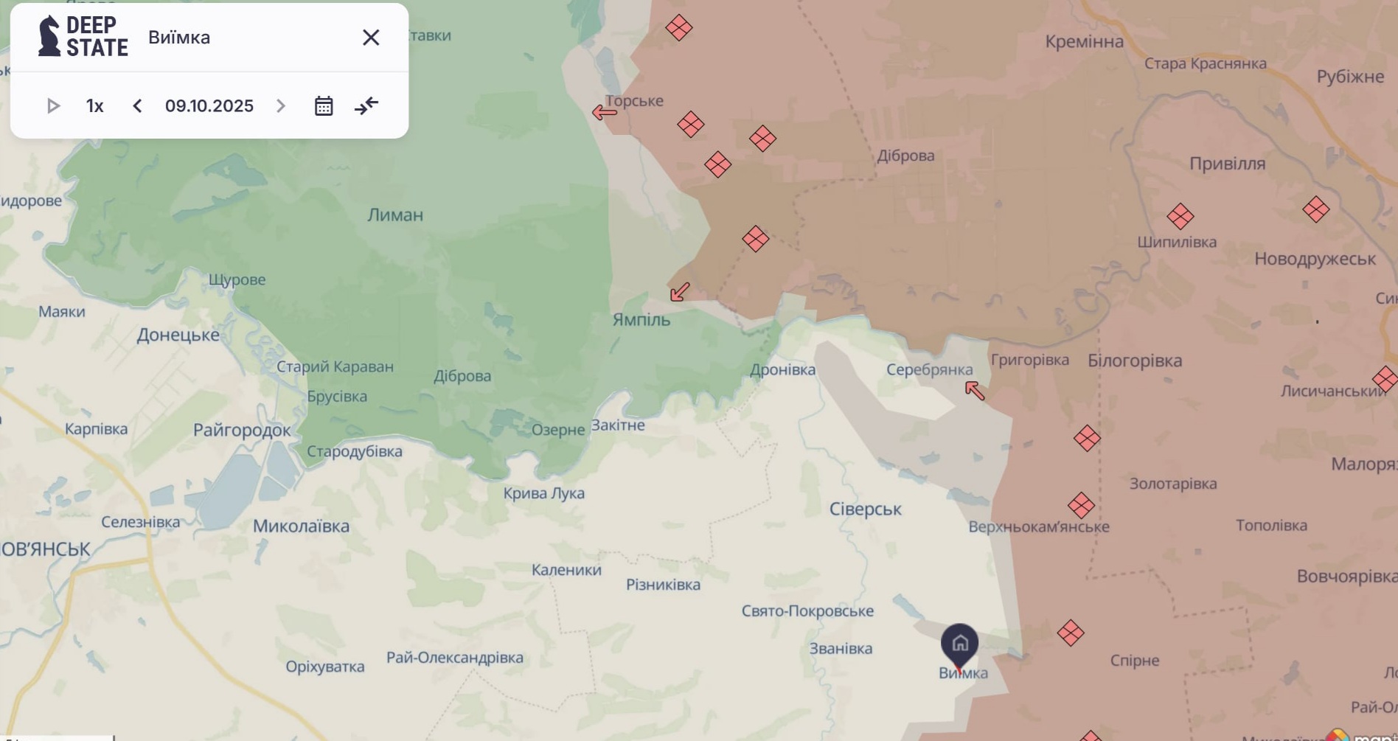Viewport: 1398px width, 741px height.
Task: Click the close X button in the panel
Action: pos(371,38)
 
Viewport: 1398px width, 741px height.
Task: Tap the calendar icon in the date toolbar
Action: pos(324,106)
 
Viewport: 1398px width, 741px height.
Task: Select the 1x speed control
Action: pos(94,106)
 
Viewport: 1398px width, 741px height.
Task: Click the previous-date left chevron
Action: pos(137,106)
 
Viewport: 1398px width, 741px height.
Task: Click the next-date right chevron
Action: pos(281,106)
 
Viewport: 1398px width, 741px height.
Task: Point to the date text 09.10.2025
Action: pos(209,106)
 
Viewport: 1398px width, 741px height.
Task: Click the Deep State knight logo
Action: pos(49,36)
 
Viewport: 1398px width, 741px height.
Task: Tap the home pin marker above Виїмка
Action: pos(959,644)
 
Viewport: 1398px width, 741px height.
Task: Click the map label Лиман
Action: pos(395,215)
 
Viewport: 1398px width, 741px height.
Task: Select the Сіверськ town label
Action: pos(865,509)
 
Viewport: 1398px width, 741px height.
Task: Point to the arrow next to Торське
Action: pos(604,113)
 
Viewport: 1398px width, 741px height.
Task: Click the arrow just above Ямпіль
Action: pos(680,292)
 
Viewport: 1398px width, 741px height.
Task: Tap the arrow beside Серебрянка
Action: pos(975,390)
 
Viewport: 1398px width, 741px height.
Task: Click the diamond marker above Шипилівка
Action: pos(1180,217)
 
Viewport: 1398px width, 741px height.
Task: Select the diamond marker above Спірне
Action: pos(1071,633)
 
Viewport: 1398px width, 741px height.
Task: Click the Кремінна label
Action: pos(1084,42)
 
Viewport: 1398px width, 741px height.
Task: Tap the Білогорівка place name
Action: pos(1134,361)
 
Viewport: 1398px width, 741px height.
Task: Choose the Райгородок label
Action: pos(242,431)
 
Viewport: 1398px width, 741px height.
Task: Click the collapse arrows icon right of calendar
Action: pos(366,106)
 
